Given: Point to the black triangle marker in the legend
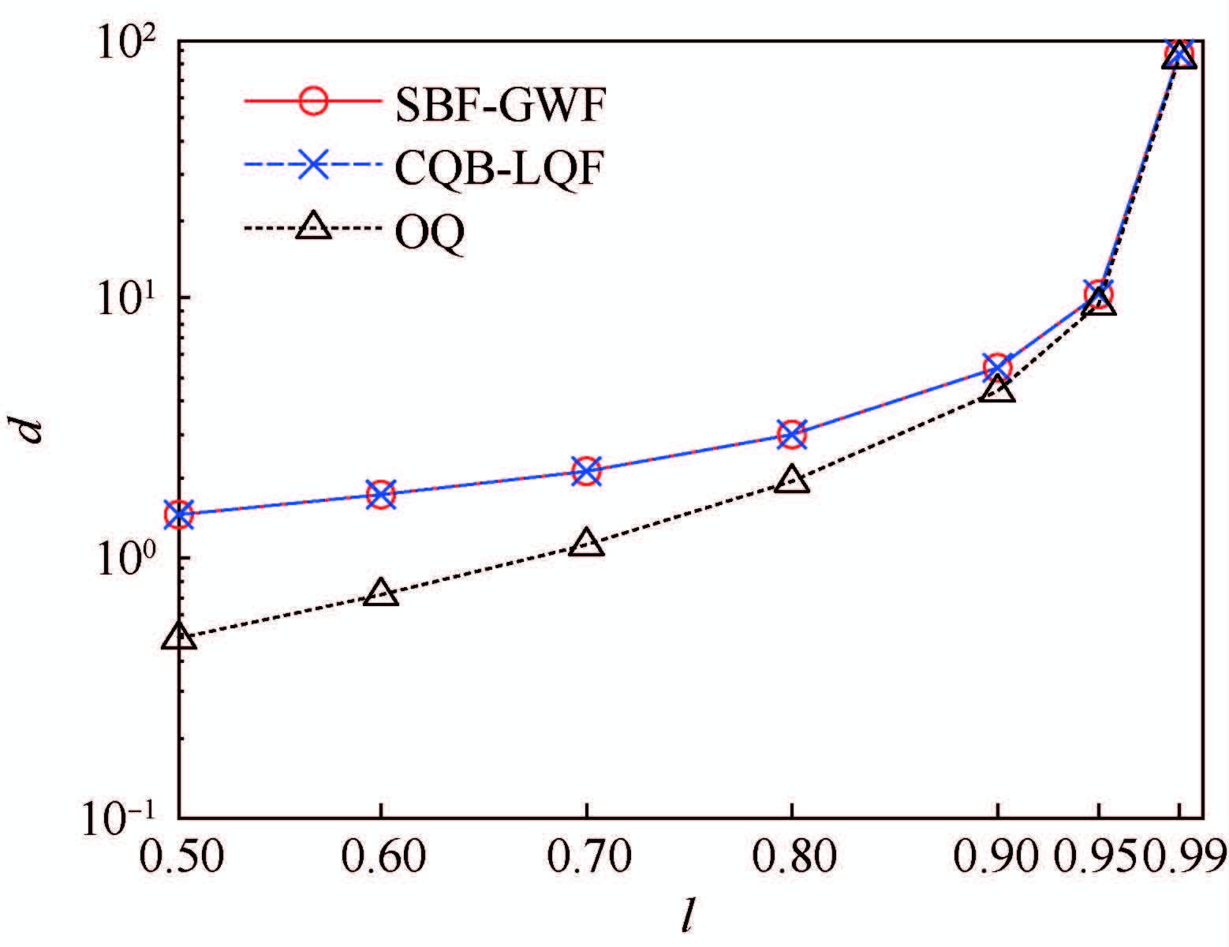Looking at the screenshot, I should [x=314, y=227].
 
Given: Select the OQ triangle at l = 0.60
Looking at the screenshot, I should [x=381, y=593].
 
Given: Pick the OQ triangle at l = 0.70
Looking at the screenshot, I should [x=586, y=543].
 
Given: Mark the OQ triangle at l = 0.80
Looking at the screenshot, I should [x=792, y=481].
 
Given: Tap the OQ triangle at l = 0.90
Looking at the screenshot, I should [x=998, y=389].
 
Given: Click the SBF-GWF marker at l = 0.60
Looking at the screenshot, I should [x=381, y=495].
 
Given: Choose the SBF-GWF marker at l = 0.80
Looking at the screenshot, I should [x=792, y=434].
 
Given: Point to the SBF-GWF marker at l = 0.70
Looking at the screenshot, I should [x=586, y=471].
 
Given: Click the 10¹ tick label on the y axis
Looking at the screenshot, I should [x=126, y=298].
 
